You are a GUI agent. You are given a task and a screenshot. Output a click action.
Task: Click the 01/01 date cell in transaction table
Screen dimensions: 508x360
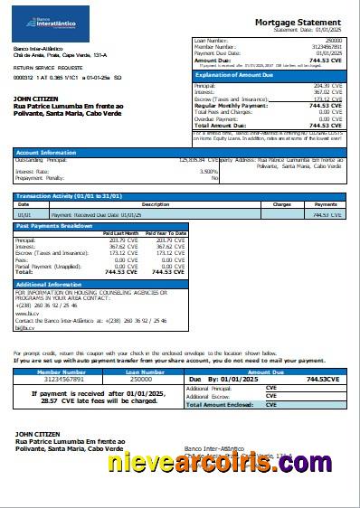click(x=24, y=215)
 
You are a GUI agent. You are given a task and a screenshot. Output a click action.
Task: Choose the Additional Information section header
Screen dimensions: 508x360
click(x=49, y=284)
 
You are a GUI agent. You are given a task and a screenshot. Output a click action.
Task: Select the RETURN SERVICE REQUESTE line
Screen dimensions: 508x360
click(x=46, y=68)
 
